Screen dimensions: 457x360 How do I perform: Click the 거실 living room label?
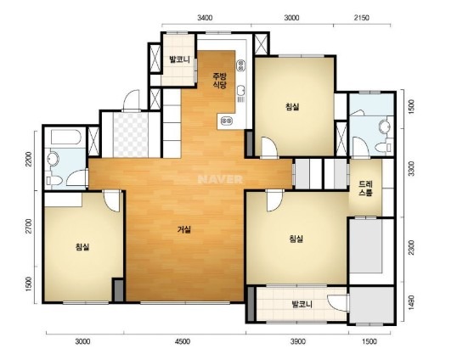click(x=184, y=230)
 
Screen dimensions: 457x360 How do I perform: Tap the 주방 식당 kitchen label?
click(x=220, y=81)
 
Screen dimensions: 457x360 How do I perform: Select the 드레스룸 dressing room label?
click(x=365, y=188)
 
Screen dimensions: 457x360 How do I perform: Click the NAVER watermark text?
click(x=220, y=179)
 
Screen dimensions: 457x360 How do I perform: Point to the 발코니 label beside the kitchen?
click(x=180, y=59)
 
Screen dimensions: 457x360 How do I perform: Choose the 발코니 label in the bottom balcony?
click(x=302, y=305)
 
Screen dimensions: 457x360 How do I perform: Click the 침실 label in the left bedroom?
click(x=82, y=247)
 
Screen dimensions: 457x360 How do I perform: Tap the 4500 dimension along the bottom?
click(x=183, y=341)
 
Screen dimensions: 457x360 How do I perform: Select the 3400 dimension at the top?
click(x=205, y=18)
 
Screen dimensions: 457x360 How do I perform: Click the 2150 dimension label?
click(x=361, y=18)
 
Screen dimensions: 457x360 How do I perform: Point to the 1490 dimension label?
click(x=411, y=303)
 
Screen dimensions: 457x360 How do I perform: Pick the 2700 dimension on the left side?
click(x=28, y=226)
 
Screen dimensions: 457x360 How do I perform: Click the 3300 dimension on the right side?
click(x=411, y=169)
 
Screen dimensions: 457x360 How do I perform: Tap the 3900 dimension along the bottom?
click(x=298, y=341)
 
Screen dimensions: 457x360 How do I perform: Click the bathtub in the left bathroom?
click(x=65, y=138)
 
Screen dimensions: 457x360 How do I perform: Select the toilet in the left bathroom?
click(x=54, y=180)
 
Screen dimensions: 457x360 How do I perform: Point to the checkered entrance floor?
click(x=130, y=135)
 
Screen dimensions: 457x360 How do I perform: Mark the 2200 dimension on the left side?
click(x=28, y=160)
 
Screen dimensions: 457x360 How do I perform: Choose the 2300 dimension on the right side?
click(x=411, y=248)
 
